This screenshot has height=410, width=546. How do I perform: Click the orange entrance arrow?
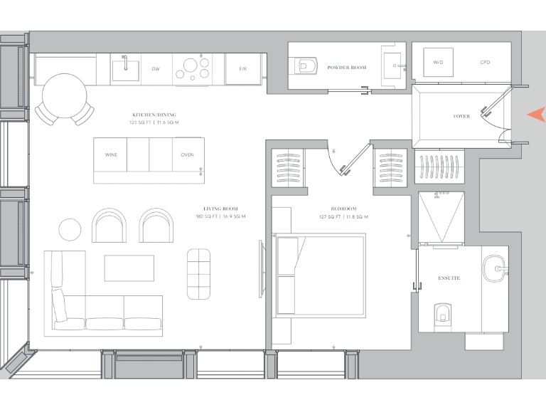tap(536, 115)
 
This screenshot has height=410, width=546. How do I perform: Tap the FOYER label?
tap(461, 116)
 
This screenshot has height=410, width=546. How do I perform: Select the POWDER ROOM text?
tap(347, 68)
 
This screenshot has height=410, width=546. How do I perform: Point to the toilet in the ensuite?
tap(442, 312)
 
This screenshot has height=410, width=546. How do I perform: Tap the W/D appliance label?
tap(438, 63)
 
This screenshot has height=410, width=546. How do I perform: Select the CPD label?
tap(485, 63)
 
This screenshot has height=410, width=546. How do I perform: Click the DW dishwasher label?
tap(155, 69)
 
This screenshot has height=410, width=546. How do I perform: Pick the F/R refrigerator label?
tap(243, 69)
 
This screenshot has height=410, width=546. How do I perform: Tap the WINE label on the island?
tap(111, 154)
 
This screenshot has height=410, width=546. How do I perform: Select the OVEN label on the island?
tap(187, 154)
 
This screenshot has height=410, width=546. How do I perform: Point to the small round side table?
tap(70, 229)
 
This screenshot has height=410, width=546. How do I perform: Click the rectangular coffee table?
tap(129, 268)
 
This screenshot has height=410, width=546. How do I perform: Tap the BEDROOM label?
tap(333, 209)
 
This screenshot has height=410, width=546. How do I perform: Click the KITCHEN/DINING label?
tap(154, 115)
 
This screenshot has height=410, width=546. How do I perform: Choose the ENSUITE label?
tap(449, 278)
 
